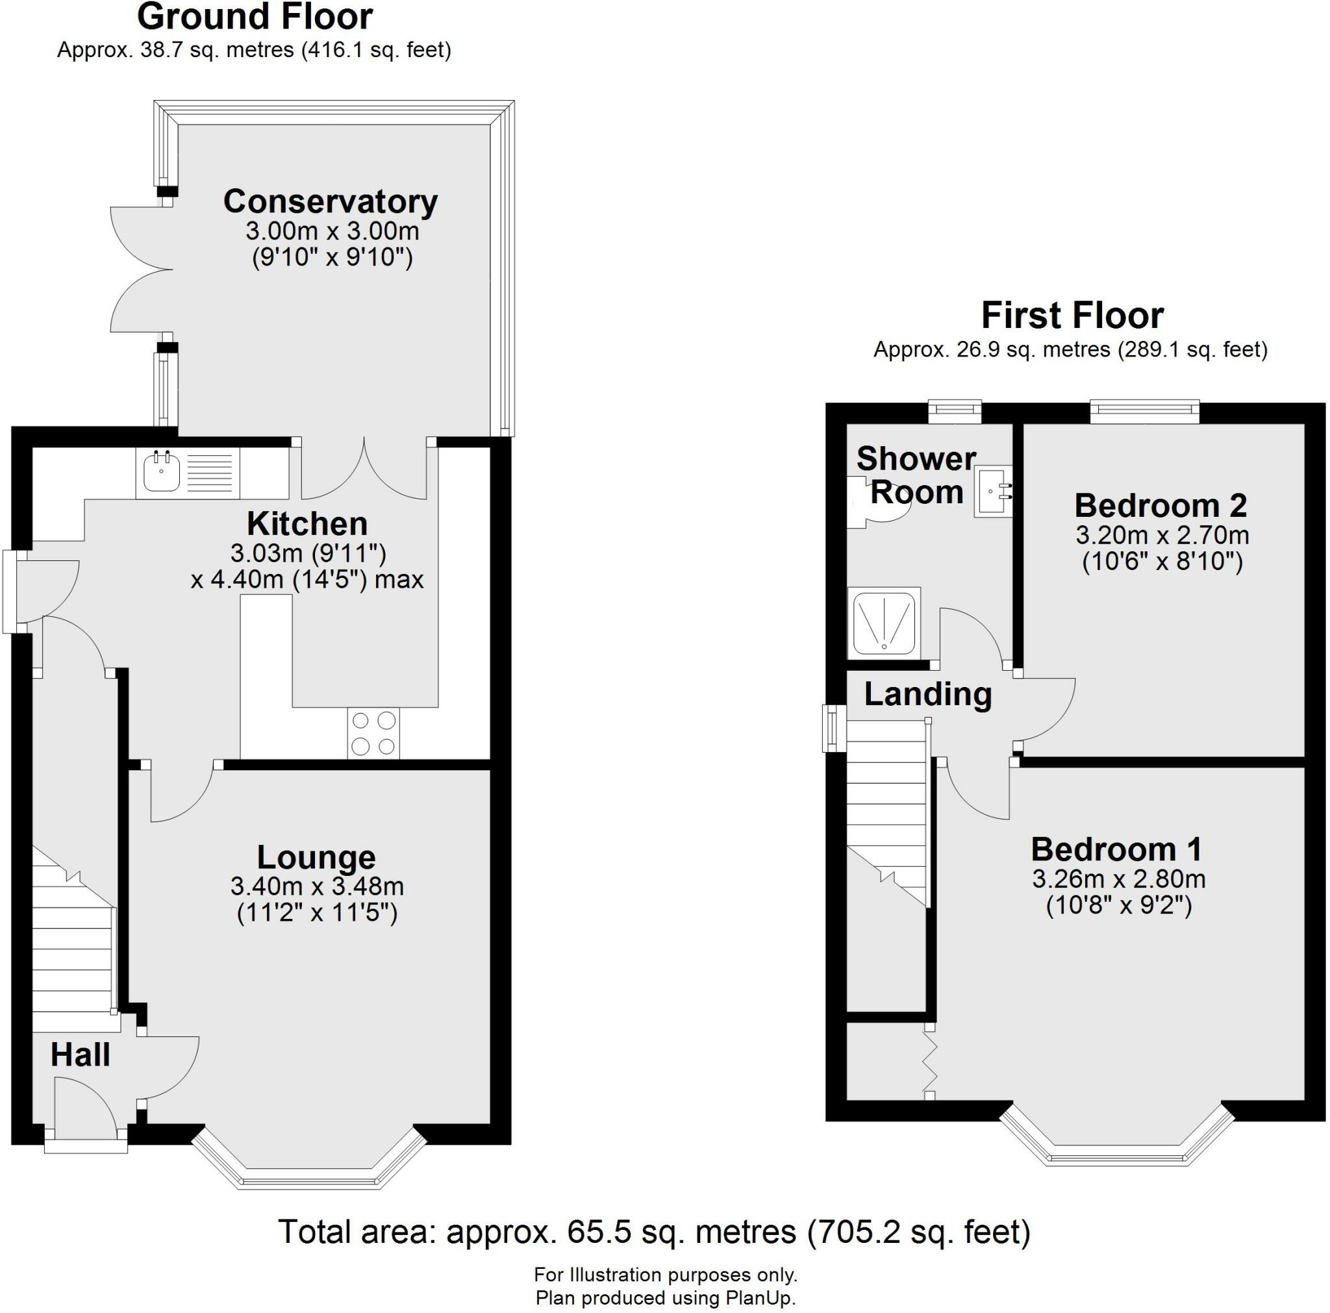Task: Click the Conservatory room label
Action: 331,202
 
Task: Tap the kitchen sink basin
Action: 161,473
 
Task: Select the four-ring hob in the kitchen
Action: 374,734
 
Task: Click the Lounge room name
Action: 316,857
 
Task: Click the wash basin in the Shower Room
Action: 993,491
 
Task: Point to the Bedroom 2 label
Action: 1161,506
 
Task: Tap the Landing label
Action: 928,694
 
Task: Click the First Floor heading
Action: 1072,316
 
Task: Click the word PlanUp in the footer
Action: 759,1299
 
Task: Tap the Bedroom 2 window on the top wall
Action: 1145,412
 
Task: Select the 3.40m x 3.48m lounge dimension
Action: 317,886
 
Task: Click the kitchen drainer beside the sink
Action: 209,473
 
